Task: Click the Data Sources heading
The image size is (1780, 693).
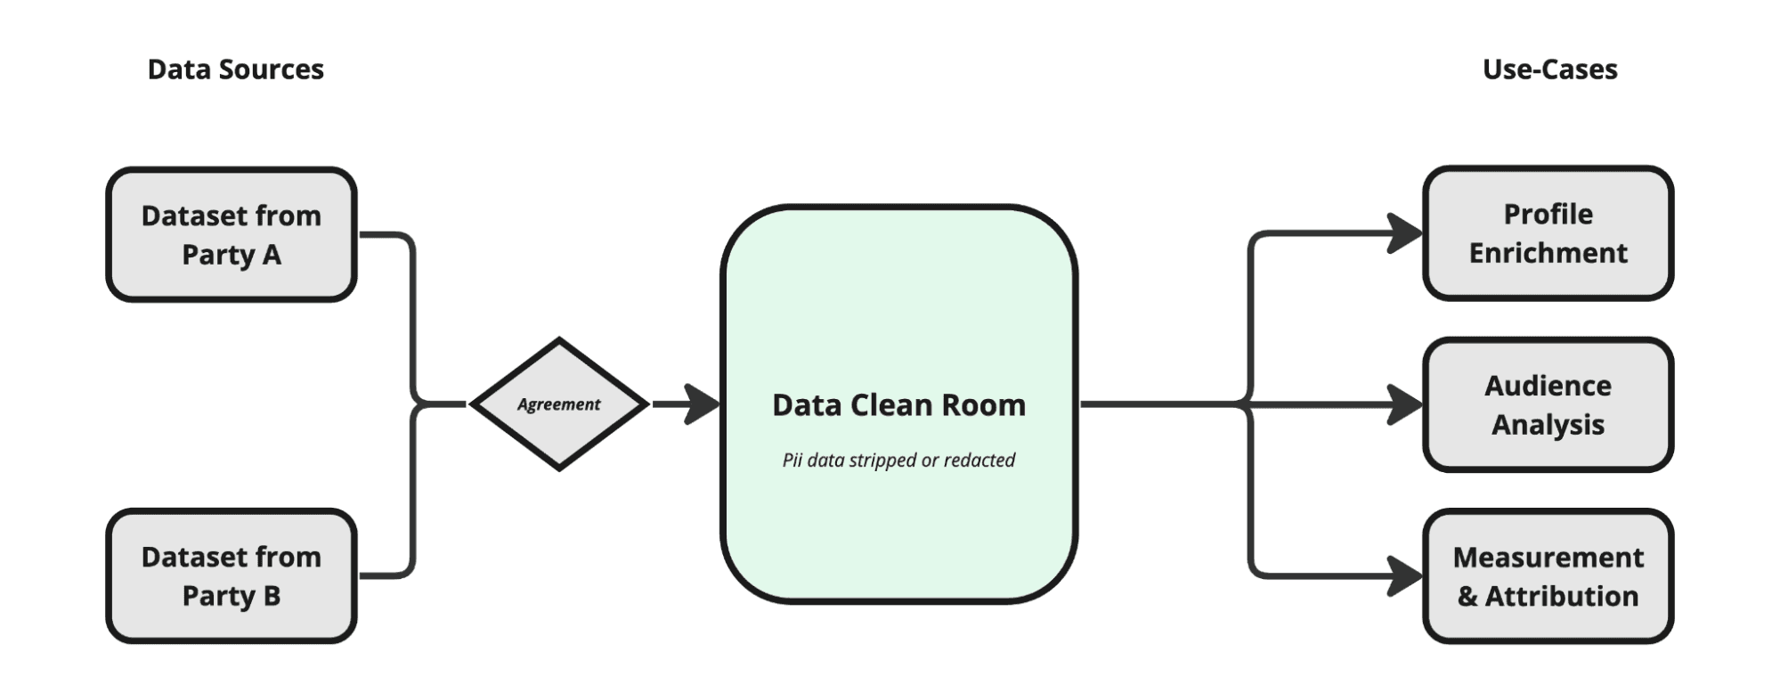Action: (x=235, y=69)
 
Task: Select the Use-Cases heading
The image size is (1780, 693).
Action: (x=1549, y=69)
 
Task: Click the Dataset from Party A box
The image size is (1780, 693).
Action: (x=232, y=235)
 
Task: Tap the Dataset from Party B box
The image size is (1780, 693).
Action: (x=232, y=576)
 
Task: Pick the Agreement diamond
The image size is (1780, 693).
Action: (x=559, y=404)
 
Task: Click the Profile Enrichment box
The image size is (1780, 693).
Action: (x=1548, y=233)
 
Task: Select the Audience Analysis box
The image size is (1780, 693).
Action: (x=1548, y=405)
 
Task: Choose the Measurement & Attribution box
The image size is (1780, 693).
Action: (x=1548, y=576)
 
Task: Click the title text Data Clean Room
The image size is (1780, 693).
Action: (x=898, y=405)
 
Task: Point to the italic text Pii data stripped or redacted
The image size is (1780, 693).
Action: (x=898, y=461)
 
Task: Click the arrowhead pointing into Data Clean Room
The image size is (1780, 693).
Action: (x=703, y=404)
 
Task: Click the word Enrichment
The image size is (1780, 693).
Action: (x=1548, y=254)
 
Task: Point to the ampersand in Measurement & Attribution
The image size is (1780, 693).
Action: (x=1467, y=597)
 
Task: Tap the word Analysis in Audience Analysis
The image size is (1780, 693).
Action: (x=1548, y=425)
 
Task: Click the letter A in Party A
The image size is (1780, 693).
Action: (x=272, y=256)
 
